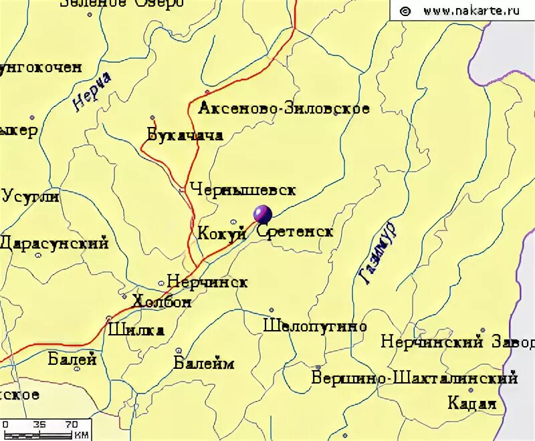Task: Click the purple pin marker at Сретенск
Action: tap(263, 214)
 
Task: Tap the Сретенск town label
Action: tap(295, 232)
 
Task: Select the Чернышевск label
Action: tap(243, 190)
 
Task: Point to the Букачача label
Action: tap(185, 136)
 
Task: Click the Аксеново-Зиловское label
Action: tap(284, 108)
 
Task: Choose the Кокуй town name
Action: tap(218, 233)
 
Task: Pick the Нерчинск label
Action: tap(207, 282)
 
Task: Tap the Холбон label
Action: tap(163, 301)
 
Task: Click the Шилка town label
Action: tap(136, 329)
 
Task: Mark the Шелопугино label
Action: tap(315, 326)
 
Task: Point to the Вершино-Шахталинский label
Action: tap(415, 378)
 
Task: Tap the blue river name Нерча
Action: tap(92, 92)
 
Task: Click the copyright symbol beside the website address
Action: tap(405, 11)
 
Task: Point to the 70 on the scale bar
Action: tap(72, 424)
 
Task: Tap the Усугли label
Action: tap(31, 196)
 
